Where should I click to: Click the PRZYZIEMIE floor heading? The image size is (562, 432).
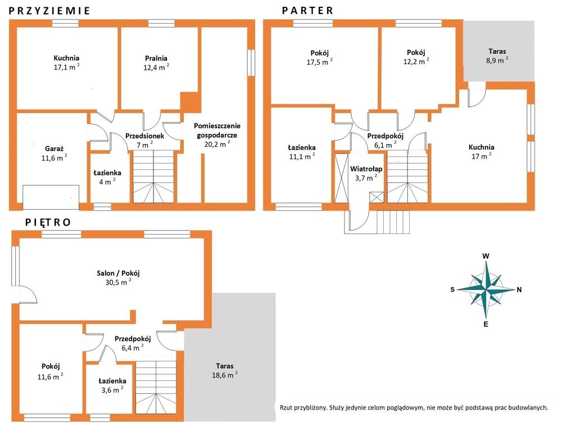pos(49,10)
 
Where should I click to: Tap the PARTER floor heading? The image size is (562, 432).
pos(307,10)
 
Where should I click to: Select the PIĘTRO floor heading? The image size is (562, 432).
pos(48,222)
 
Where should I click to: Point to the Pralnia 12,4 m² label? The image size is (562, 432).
pos(156,62)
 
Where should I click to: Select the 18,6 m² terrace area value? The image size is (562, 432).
pos(225,375)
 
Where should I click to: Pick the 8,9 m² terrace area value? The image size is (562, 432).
pos(497,60)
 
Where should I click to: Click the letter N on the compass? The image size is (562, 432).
pos(519,290)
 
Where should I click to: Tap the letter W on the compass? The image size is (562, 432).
pos(486,256)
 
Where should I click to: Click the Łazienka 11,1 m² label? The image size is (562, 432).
pos(302,152)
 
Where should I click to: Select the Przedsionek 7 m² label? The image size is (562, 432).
pos(144,140)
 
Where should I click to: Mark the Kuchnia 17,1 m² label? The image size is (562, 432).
pos(66,62)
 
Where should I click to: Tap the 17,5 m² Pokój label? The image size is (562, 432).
pos(319,57)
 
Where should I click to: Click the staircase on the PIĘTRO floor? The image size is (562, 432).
pos(156,388)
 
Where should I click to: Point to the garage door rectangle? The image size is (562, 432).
pos(51,197)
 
